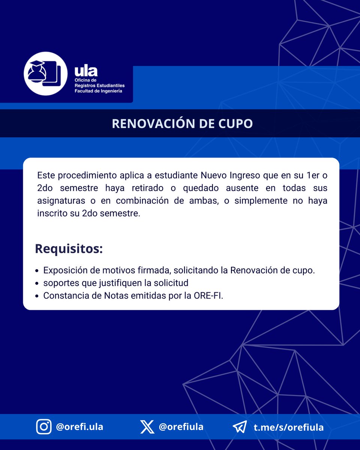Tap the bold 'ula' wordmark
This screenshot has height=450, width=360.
point(86,70)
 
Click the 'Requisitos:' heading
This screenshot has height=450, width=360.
point(69,248)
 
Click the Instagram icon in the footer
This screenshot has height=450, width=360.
point(44,427)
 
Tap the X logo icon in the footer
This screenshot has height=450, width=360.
point(147,427)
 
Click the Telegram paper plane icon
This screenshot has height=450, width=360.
point(240,427)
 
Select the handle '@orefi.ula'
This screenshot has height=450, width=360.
point(79,427)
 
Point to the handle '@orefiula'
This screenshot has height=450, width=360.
point(181,427)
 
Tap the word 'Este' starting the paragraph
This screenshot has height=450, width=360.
point(46,175)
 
